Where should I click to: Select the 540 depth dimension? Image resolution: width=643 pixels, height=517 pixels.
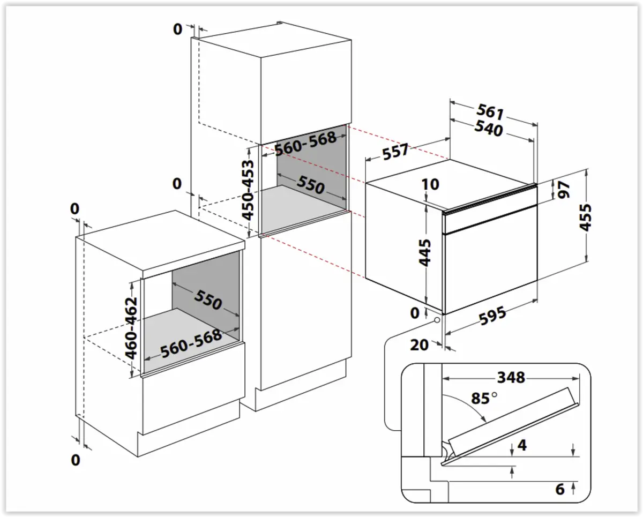click(488, 129)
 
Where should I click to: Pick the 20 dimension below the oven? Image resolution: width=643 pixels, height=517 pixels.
click(419, 344)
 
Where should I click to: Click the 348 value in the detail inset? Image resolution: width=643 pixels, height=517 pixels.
click(510, 378)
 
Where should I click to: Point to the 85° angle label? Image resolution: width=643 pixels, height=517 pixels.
click(482, 399)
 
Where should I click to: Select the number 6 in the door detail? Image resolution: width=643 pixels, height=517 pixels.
click(560, 489)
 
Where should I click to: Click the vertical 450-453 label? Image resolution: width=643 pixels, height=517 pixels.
click(248, 190)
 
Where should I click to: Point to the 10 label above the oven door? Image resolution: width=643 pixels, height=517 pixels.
click(430, 184)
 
